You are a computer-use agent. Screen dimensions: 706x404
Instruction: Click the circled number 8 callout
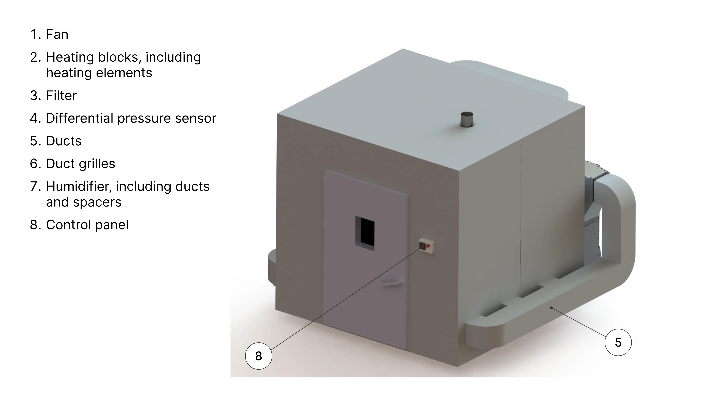coord(259,356)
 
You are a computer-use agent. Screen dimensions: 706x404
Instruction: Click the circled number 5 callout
coord(618,342)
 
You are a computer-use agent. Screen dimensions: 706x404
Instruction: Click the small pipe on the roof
coord(467,119)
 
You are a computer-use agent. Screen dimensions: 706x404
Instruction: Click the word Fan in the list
coord(57,34)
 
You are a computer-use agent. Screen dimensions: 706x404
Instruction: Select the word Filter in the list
coord(61,96)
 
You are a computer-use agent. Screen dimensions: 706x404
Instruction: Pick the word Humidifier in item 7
coord(79,186)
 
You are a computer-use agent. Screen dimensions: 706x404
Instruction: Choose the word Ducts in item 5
coord(64,141)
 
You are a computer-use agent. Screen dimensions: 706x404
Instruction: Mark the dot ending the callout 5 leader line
coord(551,308)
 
